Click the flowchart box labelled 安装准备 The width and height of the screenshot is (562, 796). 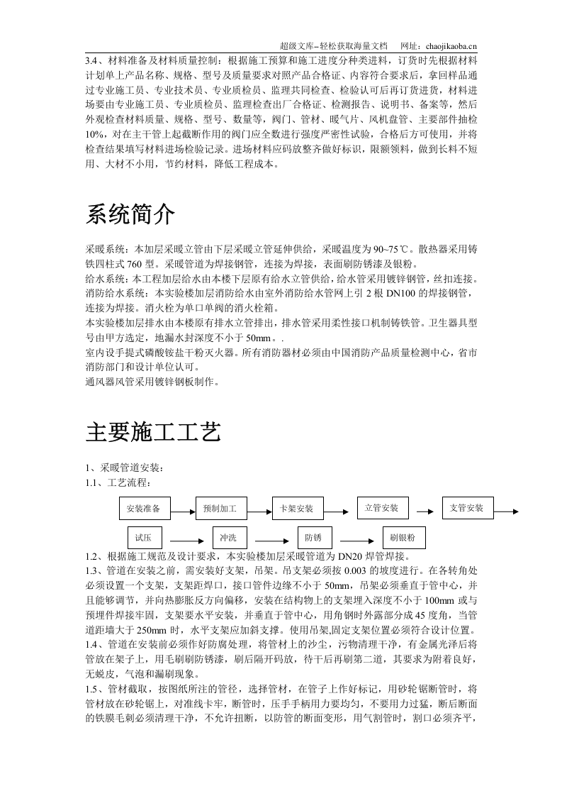pos(147,509)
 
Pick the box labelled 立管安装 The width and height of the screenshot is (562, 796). pos(381,508)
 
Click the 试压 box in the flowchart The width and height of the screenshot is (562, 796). pos(145,537)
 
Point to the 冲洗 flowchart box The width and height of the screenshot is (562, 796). pos(227,537)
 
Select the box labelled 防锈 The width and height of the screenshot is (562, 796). pos(313,537)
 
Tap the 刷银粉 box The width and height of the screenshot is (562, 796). pos(398,537)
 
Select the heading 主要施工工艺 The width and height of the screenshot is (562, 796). pos(154,431)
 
